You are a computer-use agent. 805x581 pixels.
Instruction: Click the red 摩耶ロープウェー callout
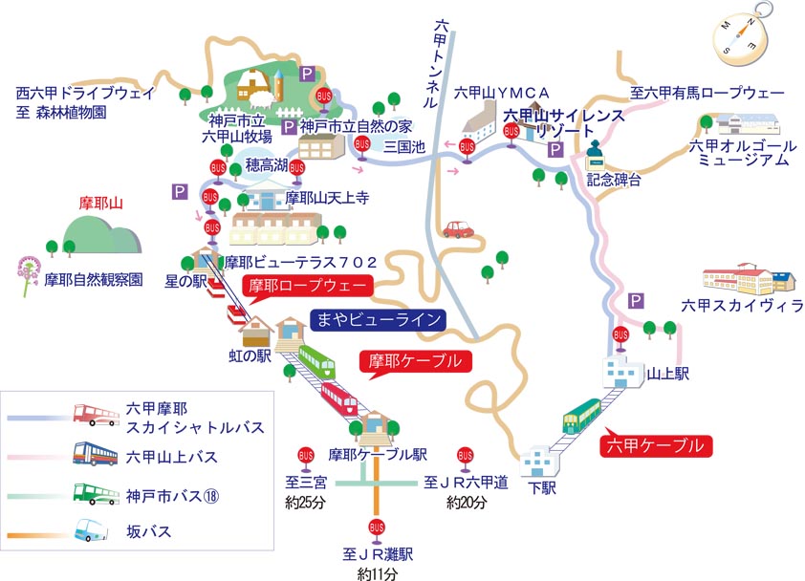click(x=307, y=286)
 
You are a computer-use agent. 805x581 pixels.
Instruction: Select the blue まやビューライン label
click(x=381, y=319)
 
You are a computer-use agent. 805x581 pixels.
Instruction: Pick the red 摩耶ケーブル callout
click(x=414, y=362)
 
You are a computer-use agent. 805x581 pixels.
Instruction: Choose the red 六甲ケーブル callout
click(x=657, y=444)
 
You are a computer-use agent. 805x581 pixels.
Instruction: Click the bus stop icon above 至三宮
click(x=306, y=456)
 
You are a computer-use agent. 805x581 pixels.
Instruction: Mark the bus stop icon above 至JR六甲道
click(x=465, y=456)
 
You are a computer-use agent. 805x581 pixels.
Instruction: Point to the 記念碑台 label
click(x=614, y=180)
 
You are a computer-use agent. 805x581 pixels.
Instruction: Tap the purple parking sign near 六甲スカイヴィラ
click(x=636, y=301)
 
